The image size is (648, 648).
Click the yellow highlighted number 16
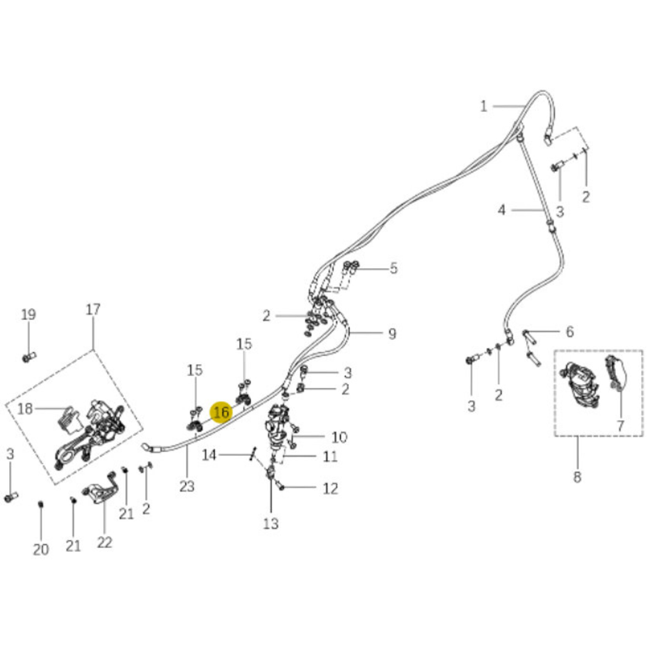(x=221, y=412)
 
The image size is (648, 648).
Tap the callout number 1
(x=484, y=106)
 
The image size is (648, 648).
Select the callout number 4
(x=501, y=210)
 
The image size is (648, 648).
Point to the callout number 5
(x=393, y=269)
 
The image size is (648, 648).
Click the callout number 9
(x=392, y=333)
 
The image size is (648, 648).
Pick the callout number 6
(x=570, y=332)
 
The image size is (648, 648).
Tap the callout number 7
(x=620, y=425)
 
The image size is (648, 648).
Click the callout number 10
(x=339, y=437)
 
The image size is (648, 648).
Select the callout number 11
(x=330, y=456)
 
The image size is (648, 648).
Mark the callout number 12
(x=330, y=488)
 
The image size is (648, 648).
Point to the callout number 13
(x=271, y=523)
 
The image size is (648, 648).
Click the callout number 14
(x=209, y=455)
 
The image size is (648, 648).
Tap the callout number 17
(x=93, y=309)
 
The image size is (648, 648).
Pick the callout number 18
(x=25, y=409)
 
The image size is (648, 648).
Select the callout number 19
(x=28, y=314)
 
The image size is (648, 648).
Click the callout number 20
(x=41, y=550)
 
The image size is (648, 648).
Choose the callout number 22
(x=104, y=542)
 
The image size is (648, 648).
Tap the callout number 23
(x=187, y=486)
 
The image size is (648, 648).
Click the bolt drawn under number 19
(x=29, y=357)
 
